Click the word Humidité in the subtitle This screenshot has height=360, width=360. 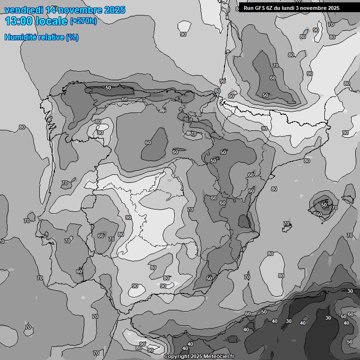click(x=22, y=37)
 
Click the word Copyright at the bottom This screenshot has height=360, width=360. click(x=176, y=357)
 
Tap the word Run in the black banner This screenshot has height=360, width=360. click(x=248, y=8)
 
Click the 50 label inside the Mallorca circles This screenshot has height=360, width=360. click(x=324, y=205)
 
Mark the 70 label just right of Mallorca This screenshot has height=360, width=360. click(x=335, y=208)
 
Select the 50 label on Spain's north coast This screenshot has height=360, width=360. click(x=108, y=88)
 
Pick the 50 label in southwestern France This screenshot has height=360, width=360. click(x=265, y=95)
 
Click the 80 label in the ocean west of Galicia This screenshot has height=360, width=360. click(x=22, y=127)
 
